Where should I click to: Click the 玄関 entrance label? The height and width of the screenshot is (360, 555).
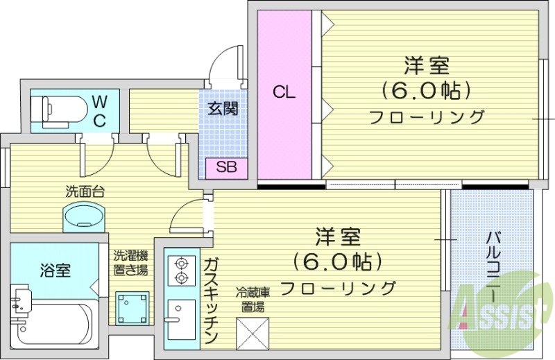[223, 108]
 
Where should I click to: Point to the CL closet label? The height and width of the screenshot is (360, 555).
[283, 92]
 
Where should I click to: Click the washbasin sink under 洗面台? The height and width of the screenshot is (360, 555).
[84, 216]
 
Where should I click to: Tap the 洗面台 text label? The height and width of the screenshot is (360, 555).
[85, 191]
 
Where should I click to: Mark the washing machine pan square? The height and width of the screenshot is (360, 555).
[133, 305]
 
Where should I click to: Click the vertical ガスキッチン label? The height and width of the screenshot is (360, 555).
[210, 299]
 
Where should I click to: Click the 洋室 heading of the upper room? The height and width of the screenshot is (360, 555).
[427, 66]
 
